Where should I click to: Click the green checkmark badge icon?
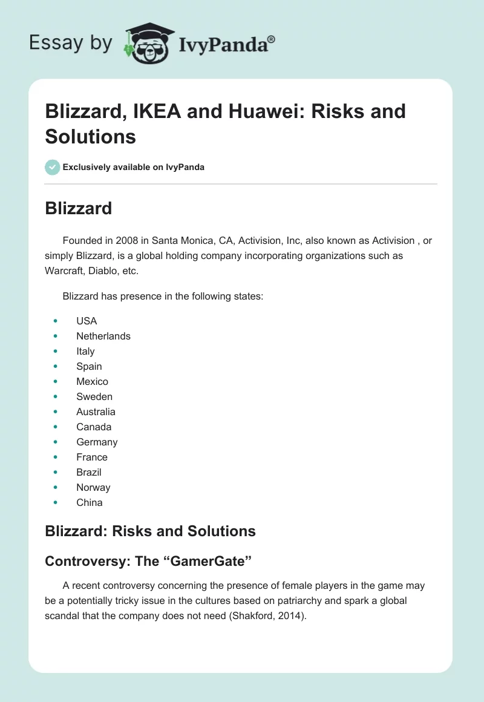[x=53, y=167]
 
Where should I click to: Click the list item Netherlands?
[x=103, y=336]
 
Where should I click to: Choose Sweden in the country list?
[x=94, y=396]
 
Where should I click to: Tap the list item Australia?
[x=96, y=412]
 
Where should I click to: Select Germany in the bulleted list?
[x=97, y=442]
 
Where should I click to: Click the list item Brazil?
[x=89, y=472]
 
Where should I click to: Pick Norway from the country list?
[x=93, y=487]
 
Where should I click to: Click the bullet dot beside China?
[x=56, y=502]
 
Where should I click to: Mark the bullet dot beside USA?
[x=56, y=321]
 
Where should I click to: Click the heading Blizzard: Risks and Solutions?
[x=151, y=531]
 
